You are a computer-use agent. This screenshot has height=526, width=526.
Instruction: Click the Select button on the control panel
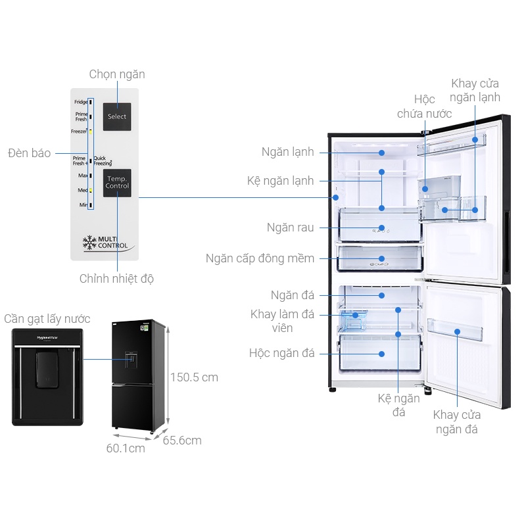(x=117, y=116)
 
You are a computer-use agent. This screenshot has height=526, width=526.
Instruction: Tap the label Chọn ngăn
(x=117, y=74)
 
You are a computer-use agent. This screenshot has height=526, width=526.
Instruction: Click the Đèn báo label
(x=30, y=153)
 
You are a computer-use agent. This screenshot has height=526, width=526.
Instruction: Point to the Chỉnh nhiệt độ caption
(x=117, y=279)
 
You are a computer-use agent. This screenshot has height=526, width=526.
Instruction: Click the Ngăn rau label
(x=290, y=227)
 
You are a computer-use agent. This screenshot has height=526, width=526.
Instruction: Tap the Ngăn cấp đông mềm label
(x=260, y=258)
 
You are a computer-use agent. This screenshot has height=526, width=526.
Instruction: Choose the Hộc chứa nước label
(x=425, y=107)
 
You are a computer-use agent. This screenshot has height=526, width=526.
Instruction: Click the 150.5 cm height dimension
(x=194, y=377)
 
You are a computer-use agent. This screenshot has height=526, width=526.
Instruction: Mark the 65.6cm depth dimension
(x=182, y=441)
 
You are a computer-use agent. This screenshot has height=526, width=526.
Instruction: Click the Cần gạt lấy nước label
(x=47, y=319)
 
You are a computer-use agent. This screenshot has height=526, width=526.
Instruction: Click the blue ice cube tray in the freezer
(x=353, y=320)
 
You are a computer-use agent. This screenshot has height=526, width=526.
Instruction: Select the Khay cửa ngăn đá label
(x=456, y=422)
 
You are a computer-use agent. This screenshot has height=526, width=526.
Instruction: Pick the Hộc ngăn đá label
(x=281, y=353)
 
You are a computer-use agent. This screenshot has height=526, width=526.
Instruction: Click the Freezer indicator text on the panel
(x=79, y=131)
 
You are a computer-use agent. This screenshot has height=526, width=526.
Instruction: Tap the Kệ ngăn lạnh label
(x=281, y=181)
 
